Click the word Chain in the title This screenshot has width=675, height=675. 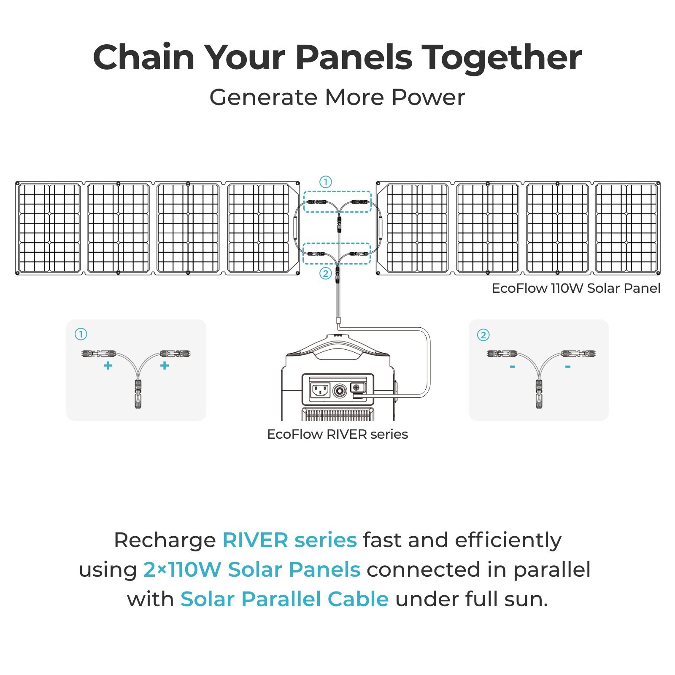tap(143, 57)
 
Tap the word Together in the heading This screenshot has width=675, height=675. tap(502, 57)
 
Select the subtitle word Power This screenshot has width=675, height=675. tap(428, 97)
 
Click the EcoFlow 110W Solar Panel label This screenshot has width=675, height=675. tap(576, 288)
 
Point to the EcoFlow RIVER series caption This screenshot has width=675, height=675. tap(337, 434)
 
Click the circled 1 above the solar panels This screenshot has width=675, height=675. tap(325, 182)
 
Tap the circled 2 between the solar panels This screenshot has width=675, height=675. tap(325, 273)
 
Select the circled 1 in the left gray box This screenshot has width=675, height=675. tap(81, 335)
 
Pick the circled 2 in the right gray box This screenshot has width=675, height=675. tap(483, 335)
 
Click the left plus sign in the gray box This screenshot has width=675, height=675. tap(108, 365)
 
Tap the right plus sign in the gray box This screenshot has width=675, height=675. tap(165, 365)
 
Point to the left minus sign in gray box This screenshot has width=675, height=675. tap(512, 367)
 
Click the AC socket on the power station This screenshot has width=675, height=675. tap(320, 390)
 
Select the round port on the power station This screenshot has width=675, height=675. tap(340, 391)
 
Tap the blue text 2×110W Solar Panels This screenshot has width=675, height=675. tap(251, 570)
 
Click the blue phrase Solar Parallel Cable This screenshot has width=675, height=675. tap(284, 599)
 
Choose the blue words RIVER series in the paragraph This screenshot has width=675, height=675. tap(289, 540)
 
